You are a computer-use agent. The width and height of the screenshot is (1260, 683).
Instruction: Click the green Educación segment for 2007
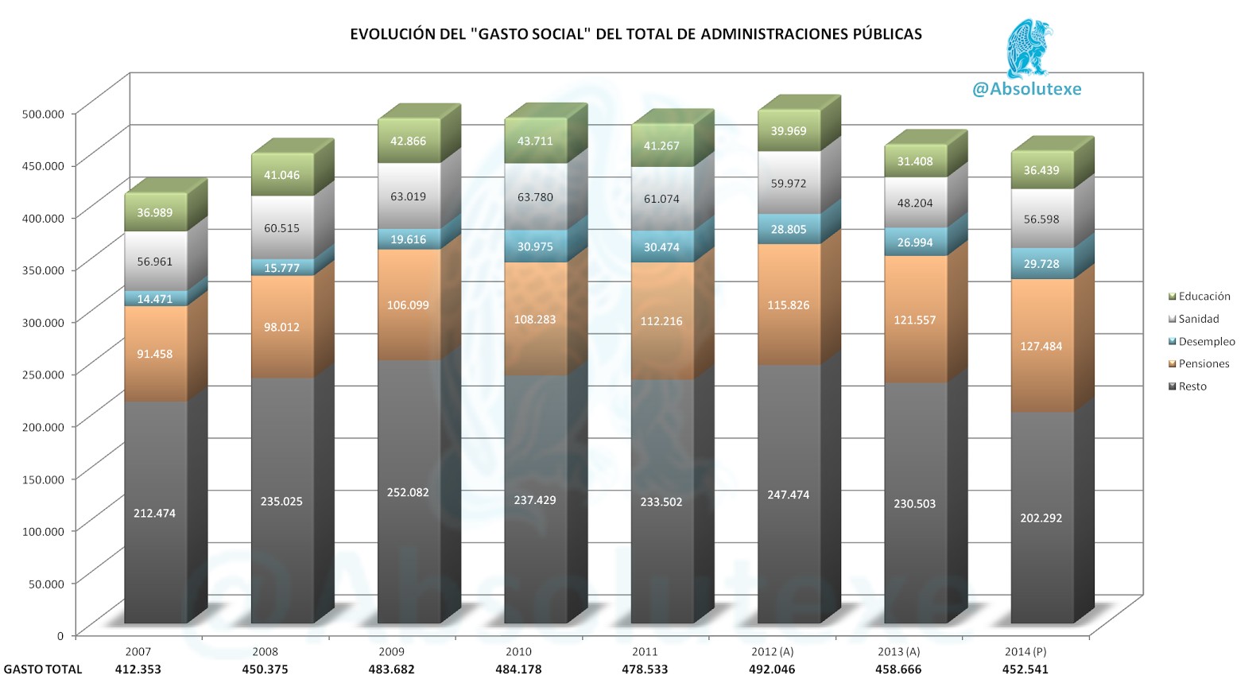155,212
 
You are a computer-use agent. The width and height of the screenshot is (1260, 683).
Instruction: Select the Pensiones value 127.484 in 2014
1041,346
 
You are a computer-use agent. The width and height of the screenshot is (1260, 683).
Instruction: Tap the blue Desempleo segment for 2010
535,246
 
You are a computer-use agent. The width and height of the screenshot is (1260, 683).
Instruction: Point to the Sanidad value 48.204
914,203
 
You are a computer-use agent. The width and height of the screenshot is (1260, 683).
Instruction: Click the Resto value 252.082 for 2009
408,492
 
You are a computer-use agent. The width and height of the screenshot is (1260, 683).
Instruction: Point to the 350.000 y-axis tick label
42,270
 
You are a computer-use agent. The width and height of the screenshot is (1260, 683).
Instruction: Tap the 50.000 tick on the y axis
46,584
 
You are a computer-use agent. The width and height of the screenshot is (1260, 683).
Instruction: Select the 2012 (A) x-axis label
772,651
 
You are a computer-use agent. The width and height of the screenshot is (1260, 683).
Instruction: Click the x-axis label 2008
265,651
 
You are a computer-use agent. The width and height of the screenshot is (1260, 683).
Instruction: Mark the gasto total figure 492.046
771,669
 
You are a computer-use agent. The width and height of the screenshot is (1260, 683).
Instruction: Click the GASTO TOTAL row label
43,669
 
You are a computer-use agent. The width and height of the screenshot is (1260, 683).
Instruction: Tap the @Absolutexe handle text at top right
1026,89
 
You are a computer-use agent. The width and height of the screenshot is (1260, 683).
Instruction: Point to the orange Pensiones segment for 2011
661,320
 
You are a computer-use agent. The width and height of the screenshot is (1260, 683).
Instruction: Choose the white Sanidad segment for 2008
281,227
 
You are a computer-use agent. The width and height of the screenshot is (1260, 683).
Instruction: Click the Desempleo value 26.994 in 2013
914,243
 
